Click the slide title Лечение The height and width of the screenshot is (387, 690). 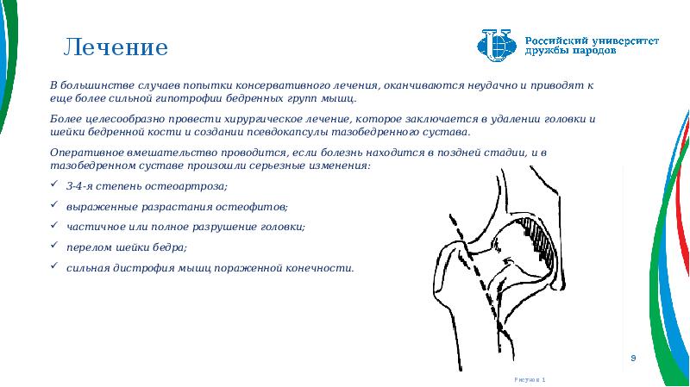[116, 46]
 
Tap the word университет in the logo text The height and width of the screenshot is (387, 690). [622, 40]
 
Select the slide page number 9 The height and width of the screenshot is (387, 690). [633, 357]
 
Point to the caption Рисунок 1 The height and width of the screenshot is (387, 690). [530, 379]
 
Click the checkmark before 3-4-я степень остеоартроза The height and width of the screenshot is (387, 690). [57, 187]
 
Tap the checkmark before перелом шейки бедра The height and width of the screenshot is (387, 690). [57, 247]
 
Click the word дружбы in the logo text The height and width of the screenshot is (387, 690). [546, 52]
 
